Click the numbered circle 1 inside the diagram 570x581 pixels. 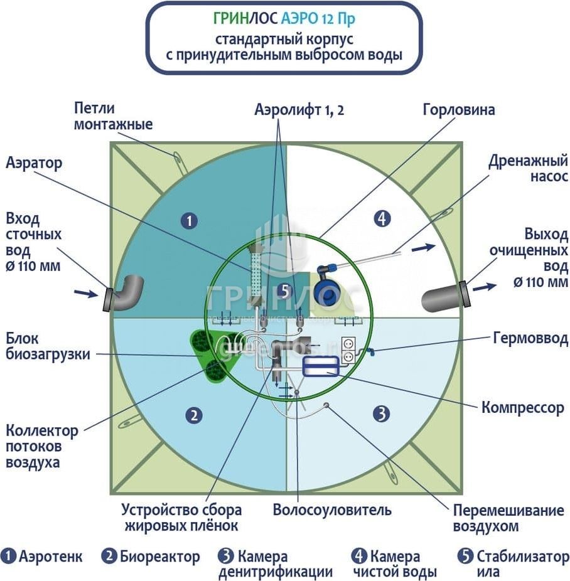188,220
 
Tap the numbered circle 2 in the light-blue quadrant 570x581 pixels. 195,415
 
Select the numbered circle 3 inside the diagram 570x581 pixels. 382,413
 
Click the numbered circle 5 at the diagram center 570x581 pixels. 284,291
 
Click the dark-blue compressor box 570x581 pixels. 321,368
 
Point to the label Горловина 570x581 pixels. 459,110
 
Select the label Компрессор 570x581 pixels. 523,407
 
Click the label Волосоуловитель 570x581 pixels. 332,509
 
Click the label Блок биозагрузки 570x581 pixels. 48,346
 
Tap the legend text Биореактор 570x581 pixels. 160,557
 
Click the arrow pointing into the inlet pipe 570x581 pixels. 85,292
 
